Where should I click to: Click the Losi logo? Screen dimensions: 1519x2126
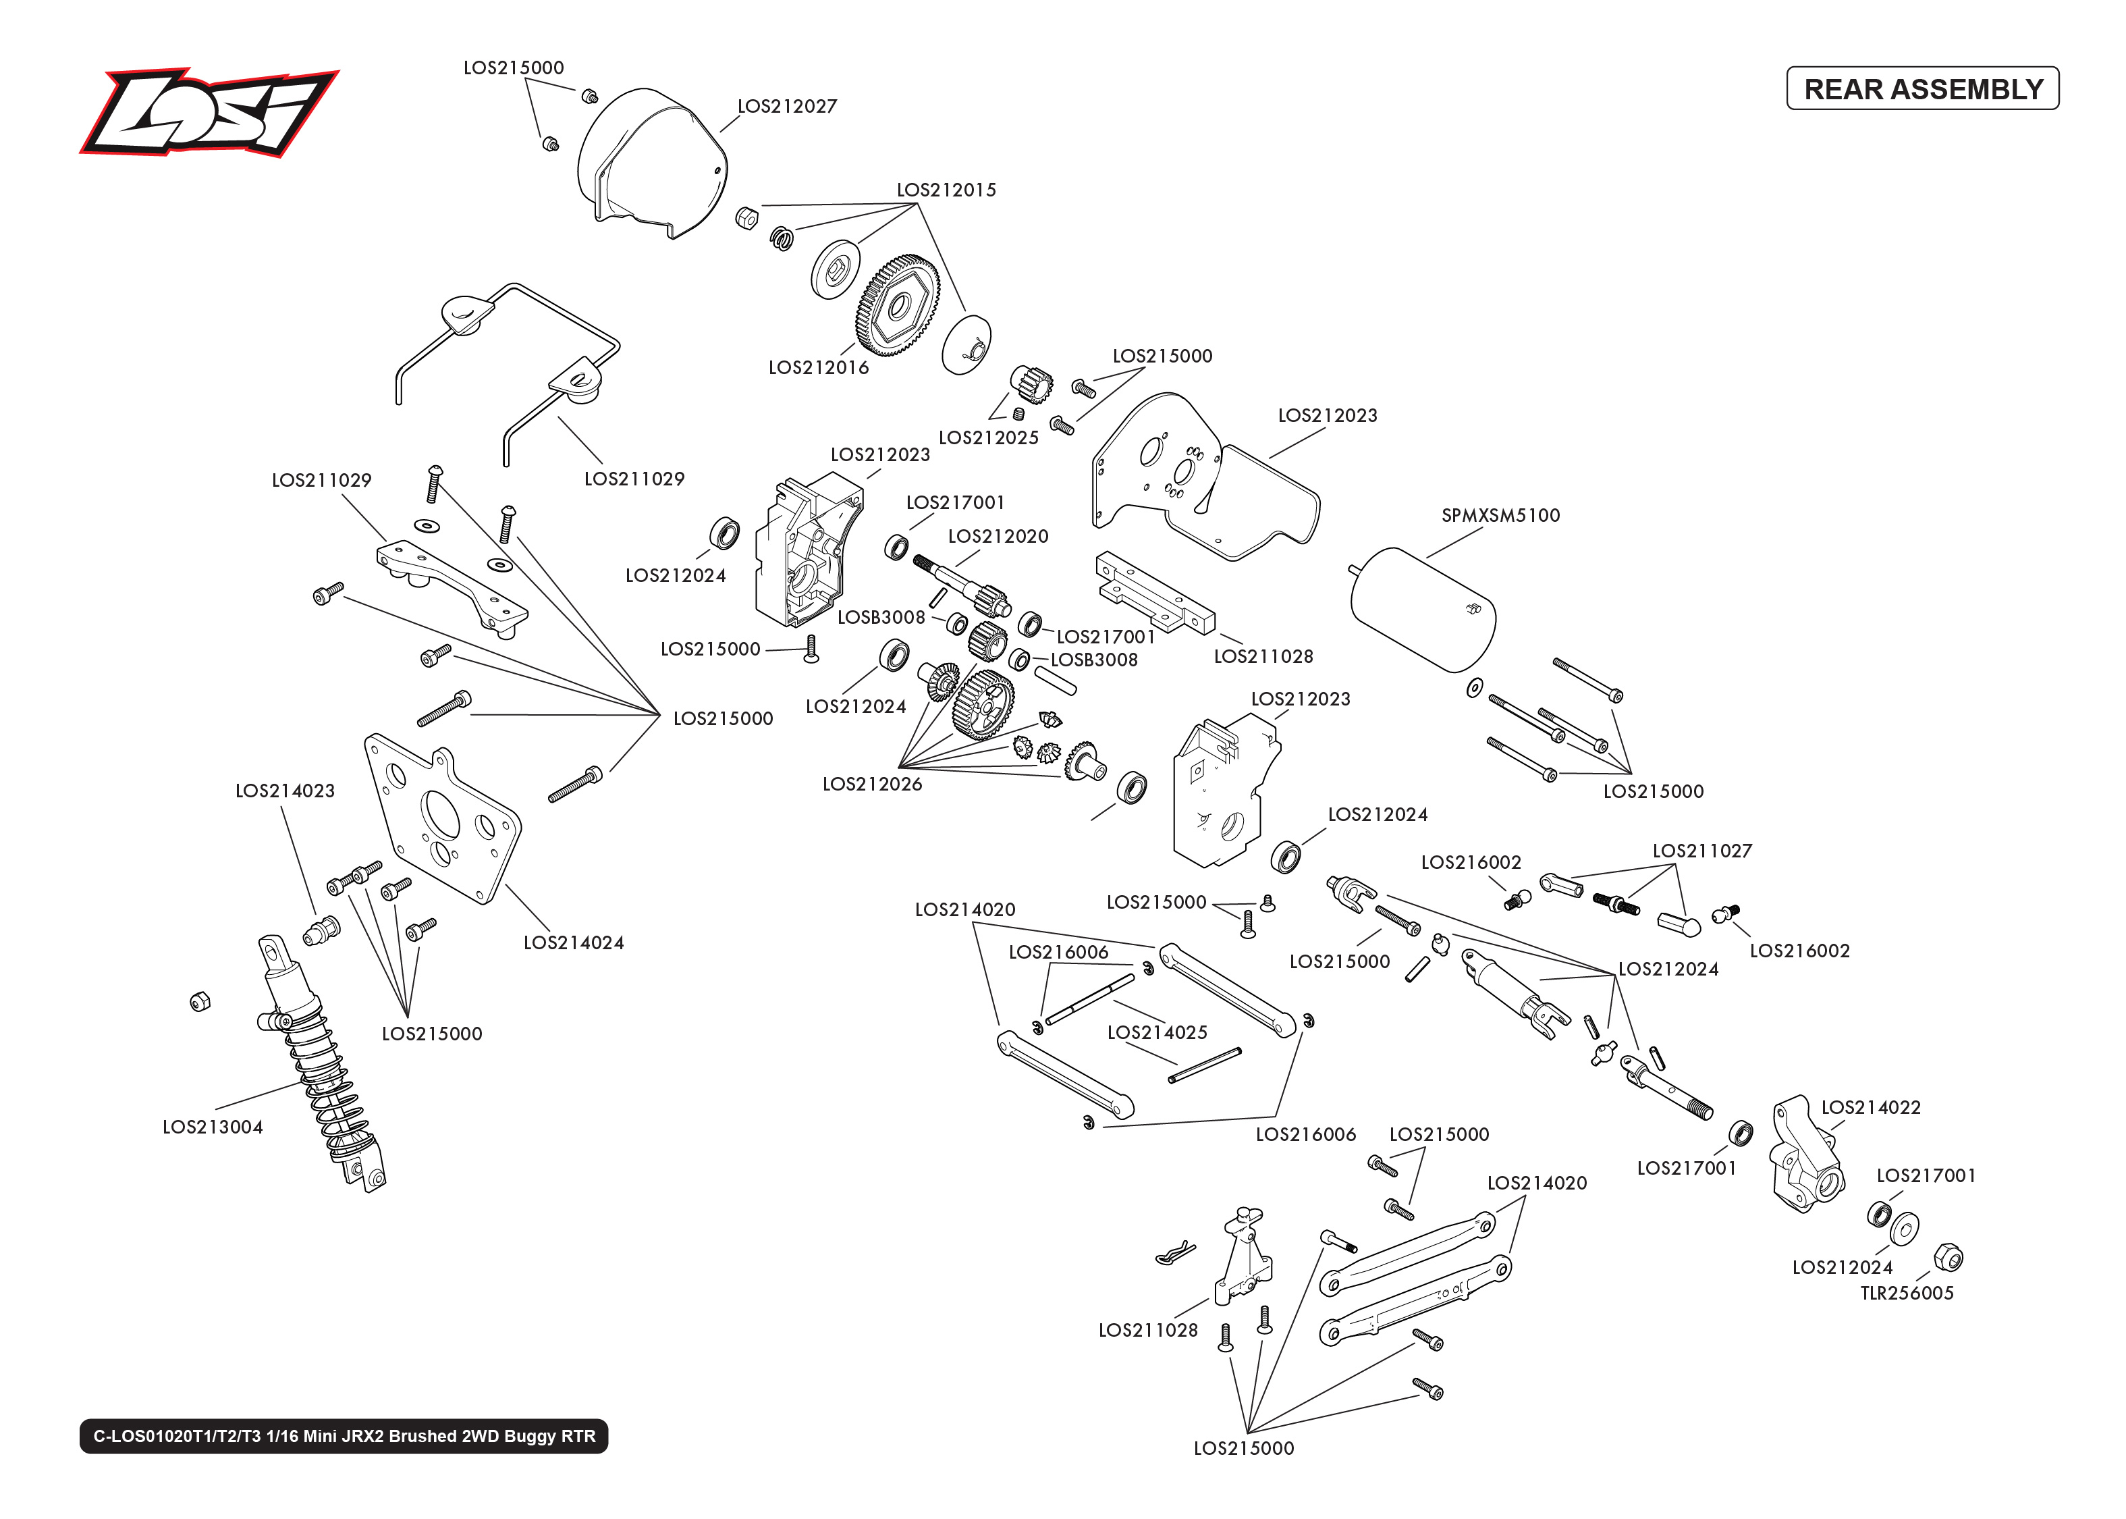point(208,112)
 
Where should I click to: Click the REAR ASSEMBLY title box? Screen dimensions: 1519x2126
point(1921,89)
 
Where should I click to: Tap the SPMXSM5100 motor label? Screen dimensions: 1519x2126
point(1500,515)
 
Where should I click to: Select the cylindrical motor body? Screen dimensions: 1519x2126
point(1423,610)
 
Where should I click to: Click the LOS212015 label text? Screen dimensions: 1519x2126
point(946,190)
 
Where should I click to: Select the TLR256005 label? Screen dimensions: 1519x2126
point(1906,1294)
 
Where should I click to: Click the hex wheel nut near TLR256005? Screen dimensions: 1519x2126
point(1947,1257)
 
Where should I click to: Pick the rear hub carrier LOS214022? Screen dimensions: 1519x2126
point(1804,1155)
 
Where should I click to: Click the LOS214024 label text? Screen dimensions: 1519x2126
point(573,943)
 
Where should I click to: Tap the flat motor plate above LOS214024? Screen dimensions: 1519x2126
point(440,818)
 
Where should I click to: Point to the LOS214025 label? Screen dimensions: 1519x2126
point(1157,1033)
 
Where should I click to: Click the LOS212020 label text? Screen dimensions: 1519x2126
point(998,537)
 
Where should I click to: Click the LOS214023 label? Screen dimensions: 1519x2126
point(284,791)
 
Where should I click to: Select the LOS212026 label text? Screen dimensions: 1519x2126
point(871,784)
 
